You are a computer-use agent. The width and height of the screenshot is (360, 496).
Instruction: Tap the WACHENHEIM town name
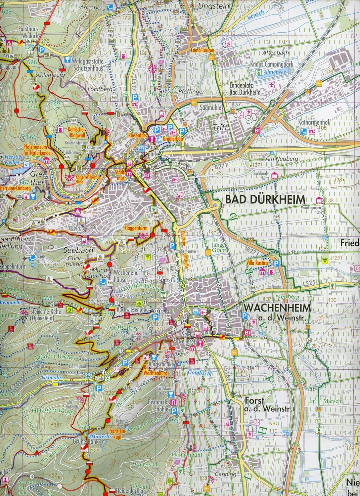[277, 308]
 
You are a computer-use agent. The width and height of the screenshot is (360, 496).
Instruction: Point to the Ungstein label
[209, 6]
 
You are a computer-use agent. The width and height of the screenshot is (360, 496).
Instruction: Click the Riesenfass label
[138, 135]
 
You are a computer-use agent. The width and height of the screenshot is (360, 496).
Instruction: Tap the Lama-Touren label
[202, 51]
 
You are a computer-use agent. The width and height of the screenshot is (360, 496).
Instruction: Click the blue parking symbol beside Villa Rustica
[276, 263]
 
